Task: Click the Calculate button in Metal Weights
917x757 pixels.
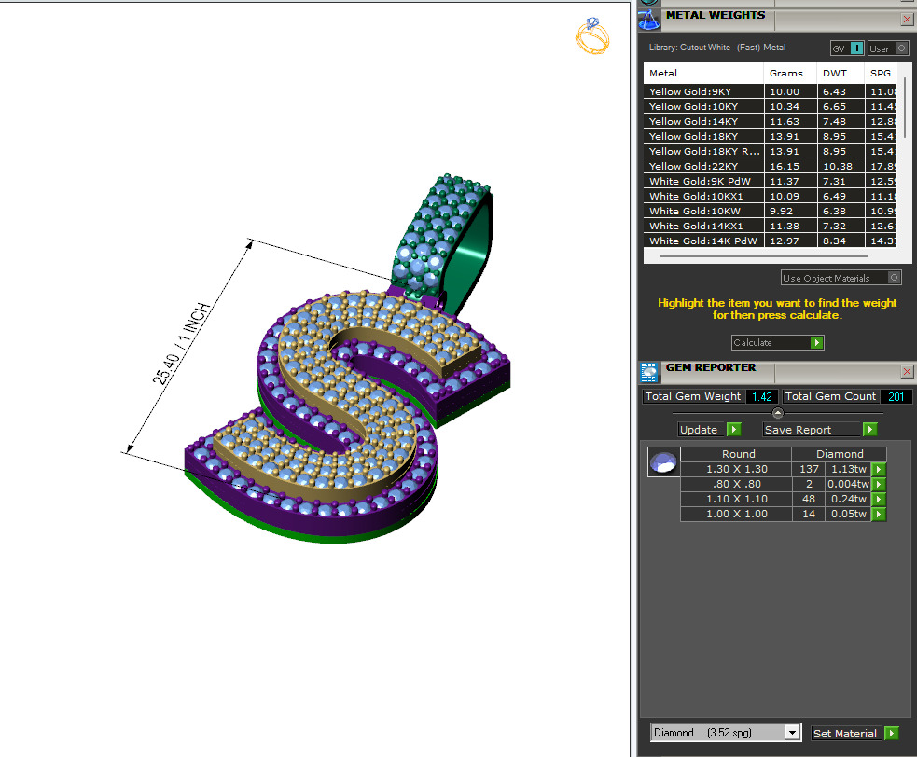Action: tap(777, 343)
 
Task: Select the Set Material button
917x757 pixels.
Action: tap(854, 734)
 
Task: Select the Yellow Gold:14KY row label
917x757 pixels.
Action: tap(691, 121)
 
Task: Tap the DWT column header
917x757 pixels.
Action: tap(834, 73)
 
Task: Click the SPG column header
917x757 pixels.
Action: tap(881, 73)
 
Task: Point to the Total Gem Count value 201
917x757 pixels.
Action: tap(896, 396)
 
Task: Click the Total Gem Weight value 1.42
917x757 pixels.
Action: tap(761, 396)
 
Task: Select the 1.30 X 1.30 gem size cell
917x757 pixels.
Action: tap(738, 469)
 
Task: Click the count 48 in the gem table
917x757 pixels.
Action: tap(808, 499)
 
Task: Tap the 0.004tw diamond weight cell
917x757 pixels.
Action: tap(847, 484)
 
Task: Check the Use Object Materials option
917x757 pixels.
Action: tap(896, 278)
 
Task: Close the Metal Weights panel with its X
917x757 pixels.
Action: tap(907, 19)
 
